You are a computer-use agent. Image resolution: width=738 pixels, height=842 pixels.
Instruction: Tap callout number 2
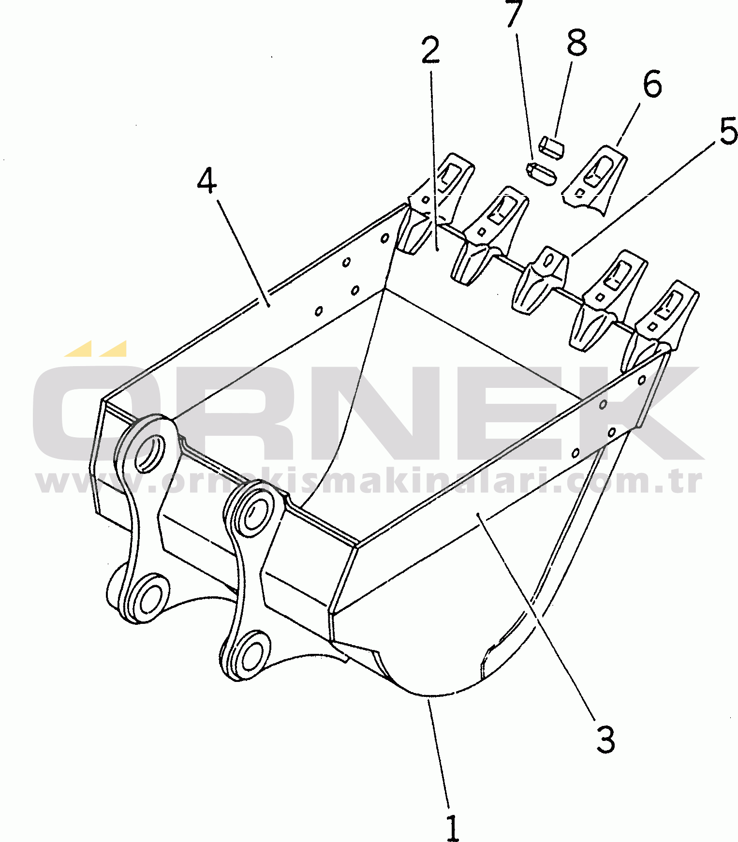[x=430, y=50]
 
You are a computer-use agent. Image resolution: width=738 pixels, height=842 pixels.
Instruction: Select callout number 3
[x=605, y=739]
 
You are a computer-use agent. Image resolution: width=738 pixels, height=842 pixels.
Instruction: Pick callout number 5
[x=728, y=131]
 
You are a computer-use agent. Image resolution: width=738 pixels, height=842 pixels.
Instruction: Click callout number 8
[x=576, y=42]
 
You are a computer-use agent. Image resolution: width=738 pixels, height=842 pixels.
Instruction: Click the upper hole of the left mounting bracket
[x=151, y=453]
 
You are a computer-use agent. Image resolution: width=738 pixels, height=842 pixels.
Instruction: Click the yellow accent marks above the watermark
[x=96, y=348]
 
